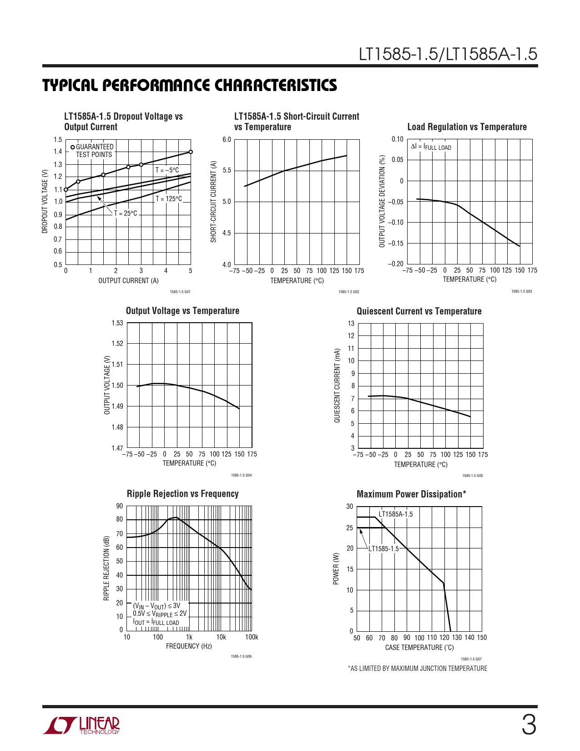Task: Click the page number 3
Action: point(528,725)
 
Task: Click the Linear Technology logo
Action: point(81,726)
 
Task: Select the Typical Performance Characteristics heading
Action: point(190,85)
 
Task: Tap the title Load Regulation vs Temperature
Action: point(467,127)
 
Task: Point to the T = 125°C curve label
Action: point(169,199)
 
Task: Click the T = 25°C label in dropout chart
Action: point(125,213)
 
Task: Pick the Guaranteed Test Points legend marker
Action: point(73,147)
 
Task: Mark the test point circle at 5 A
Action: point(191,152)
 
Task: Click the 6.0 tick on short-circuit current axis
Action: point(227,140)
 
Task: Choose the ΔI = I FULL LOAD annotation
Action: point(431,147)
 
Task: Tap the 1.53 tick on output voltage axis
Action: point(117,323)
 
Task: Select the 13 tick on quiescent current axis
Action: point(351,324)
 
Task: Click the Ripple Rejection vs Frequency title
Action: point(182,494)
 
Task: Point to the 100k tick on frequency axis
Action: point(252,637)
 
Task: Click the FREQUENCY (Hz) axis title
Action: point(189,646)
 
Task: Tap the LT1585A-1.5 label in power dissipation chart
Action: point(395,514)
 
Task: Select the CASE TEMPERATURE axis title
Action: point(419,648)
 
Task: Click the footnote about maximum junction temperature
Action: point(418,669)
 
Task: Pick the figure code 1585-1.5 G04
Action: point(241,475)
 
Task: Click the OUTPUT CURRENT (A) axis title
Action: point(128,281)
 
